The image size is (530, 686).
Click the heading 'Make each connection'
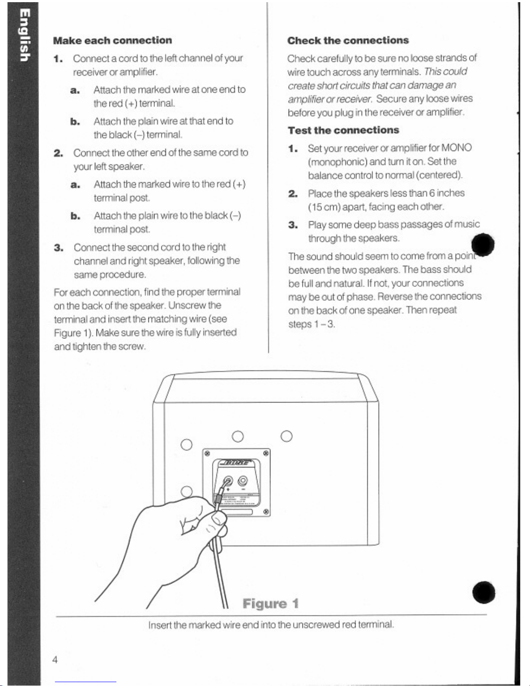click(x=112, y=41)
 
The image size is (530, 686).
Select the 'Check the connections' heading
click(x=348, y=41)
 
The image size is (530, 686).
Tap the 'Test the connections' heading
click(x=344, y=130)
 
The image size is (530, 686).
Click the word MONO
click(x=456, y=148)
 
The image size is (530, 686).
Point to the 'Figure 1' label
click(x=271, y=603)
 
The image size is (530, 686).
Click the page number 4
click(x=55, y=660)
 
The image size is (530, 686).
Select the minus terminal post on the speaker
click(x=243, y=480)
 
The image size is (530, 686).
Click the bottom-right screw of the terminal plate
click(x=267, y=512)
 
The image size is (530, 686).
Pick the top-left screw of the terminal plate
click(x=207, y=453)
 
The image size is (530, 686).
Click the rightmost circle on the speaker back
click(x=286, y=436)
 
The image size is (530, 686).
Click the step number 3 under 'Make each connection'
click(x=59, y=248)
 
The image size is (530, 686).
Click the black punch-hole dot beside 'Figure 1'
click(x=484, y=592)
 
